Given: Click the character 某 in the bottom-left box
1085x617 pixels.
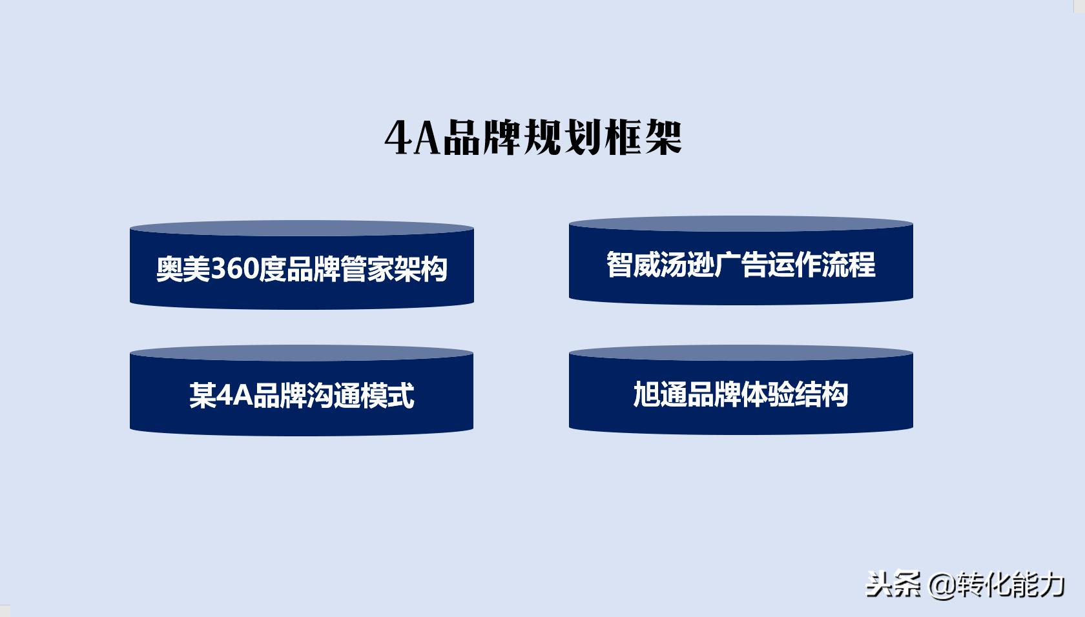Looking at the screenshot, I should coord(202,395).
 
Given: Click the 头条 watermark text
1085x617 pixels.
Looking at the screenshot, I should coord(893,585).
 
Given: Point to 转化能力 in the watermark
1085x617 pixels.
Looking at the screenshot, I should coord(1011,585).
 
